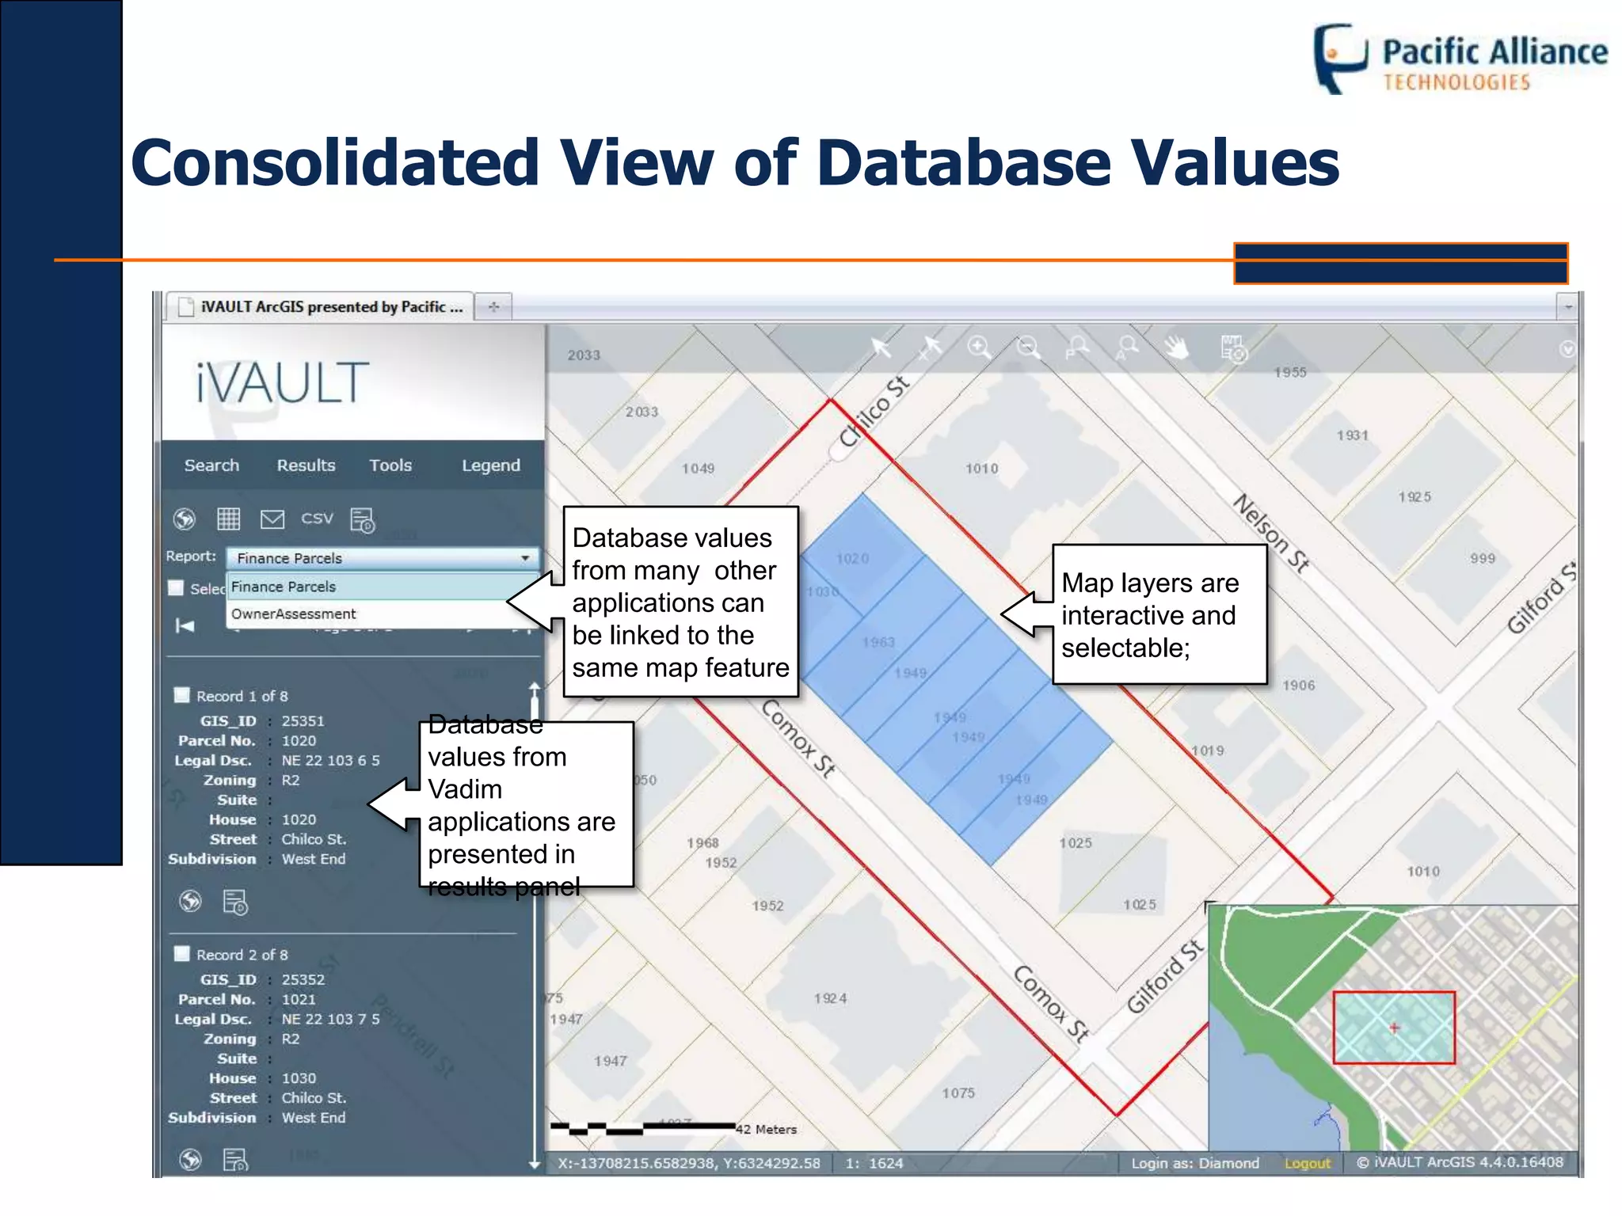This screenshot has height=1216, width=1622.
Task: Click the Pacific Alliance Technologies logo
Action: coord(1460,59)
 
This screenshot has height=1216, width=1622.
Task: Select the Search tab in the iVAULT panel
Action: coord(211,465)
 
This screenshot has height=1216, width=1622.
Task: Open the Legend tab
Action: coord(491,465)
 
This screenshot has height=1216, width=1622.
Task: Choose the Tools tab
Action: coord(390,465)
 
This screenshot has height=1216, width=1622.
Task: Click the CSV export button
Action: coord(317,519)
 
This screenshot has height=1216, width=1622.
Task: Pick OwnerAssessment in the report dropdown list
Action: coord(294,614)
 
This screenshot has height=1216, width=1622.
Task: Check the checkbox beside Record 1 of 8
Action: coord(182,695)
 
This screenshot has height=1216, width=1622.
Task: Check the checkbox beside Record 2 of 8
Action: coord(182,954)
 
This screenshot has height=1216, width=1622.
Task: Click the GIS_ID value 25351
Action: coord(303,721)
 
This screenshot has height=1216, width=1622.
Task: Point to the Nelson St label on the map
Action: coord(1271,533)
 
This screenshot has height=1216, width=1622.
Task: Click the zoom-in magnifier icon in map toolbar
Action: coord(979,348)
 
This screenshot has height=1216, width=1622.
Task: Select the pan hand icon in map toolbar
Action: coord(1177,348)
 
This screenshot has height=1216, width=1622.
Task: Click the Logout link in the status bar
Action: coord(1308,1163)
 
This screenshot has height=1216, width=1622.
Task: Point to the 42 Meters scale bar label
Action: coord(766,1130)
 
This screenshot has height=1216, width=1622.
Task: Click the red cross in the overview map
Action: coord(1395,1028)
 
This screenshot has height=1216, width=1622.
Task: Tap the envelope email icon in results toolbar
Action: coord(272,519)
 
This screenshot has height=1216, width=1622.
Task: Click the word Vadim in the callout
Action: coord(465,790)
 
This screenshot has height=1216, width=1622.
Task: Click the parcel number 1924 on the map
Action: coord(830,999)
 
